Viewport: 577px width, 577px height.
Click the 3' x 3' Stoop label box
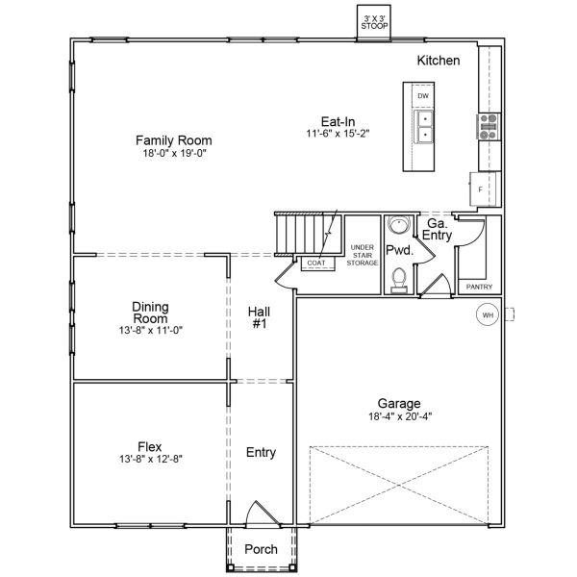[x=373, y=23]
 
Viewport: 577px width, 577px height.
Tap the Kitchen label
[x=438, y=61]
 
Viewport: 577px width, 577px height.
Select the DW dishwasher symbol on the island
[x=422, y=97]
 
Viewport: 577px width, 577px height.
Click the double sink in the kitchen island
[x=422, y=127]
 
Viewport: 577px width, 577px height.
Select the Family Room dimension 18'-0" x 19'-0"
[x=173, y=153]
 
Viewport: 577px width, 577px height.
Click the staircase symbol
[x=306, y=234]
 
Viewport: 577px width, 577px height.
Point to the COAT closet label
[x=314, y=262]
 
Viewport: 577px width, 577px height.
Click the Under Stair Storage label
[x=363, y=255]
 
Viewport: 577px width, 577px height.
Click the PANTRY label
[x=478, y=287]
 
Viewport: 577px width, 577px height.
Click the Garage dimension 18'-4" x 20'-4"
[x=399, y=416]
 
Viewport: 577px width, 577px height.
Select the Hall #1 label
[x=260, y=317]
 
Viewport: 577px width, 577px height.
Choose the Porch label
[x=261, y=549]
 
